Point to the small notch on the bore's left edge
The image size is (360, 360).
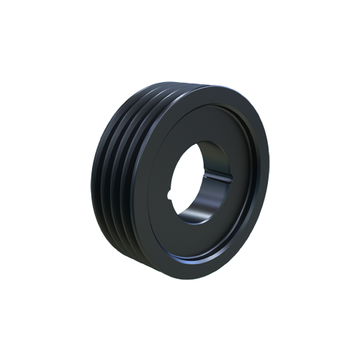point(171,192)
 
